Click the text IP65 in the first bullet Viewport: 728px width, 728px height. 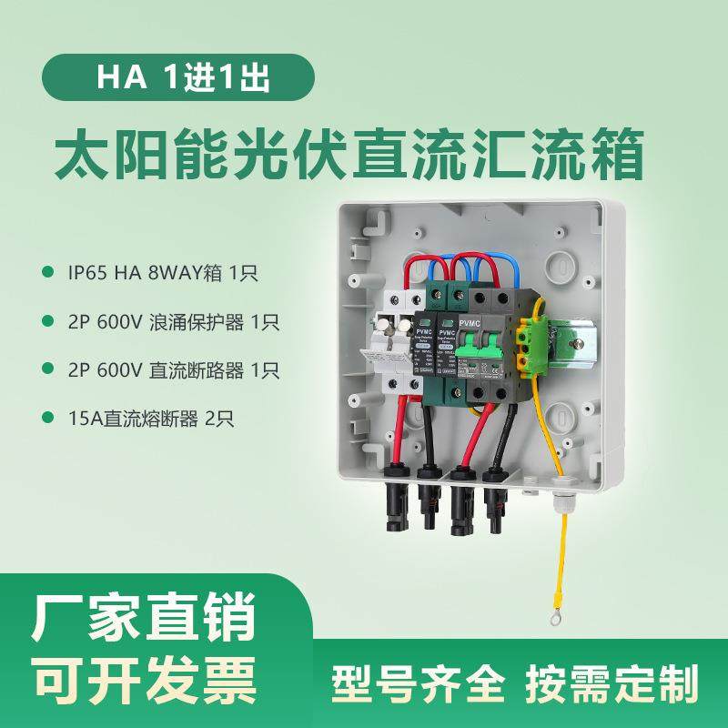87,272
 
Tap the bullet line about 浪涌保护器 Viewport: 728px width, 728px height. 173,321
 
